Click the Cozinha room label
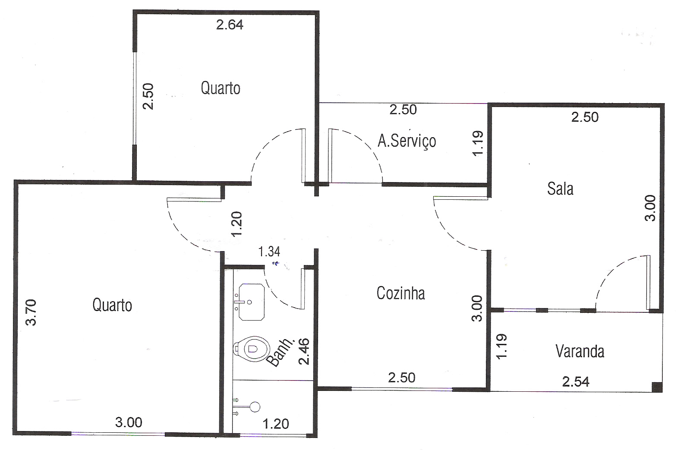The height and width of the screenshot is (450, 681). tap(400, 293)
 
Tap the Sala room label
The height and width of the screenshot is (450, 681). tap(560, 189)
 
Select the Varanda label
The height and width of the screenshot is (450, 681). tap(580, 351)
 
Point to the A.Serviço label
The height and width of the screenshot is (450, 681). tap(407, 141)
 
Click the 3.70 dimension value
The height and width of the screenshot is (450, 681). tap(31, 313)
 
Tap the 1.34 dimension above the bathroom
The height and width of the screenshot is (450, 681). tap(269, 252)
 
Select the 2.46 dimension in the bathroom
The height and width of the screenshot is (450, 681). tap(304, 352)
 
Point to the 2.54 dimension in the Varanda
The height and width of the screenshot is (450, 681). tap(576, 382)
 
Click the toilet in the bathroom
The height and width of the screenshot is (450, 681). tap(252, 349)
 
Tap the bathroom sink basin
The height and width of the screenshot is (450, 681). tap(251, 302)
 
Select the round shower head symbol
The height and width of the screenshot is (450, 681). tap(255, 407)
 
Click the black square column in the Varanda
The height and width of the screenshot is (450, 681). tap(657, 387)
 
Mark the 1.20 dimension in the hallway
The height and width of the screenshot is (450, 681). tap(236, 224)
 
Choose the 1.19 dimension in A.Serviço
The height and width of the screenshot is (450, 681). tap(478, 143)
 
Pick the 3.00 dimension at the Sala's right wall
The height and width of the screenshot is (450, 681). tap(650, 208)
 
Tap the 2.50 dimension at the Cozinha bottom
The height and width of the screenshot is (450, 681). tap(402, 378)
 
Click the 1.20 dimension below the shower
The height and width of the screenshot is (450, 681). tap(275, 424)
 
